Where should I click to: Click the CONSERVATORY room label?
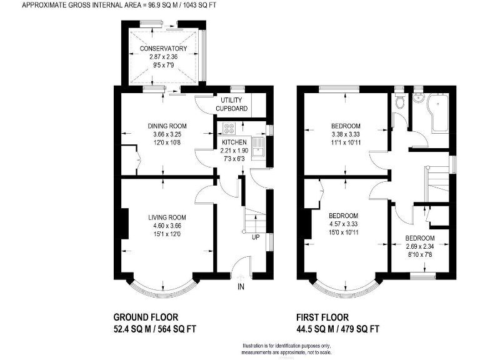coord(163,49)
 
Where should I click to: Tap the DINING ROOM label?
coord(163,126)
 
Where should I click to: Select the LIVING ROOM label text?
coord(164,217)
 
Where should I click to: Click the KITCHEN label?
coord(235,142)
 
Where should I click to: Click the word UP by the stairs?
coord(256,237)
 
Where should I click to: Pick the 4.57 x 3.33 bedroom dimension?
coord(346,224)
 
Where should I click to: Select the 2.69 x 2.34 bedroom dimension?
coord(419,247)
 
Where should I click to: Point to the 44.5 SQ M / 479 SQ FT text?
coord(338,329)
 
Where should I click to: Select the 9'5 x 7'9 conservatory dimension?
coord(163,64)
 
